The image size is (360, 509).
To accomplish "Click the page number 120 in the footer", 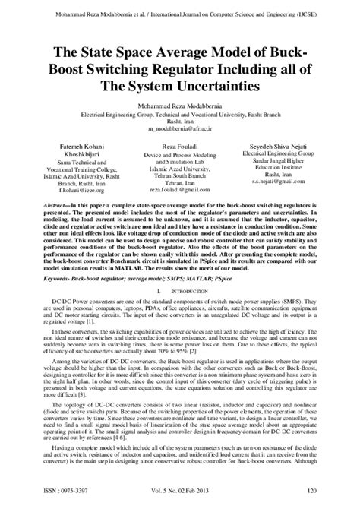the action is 332,498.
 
